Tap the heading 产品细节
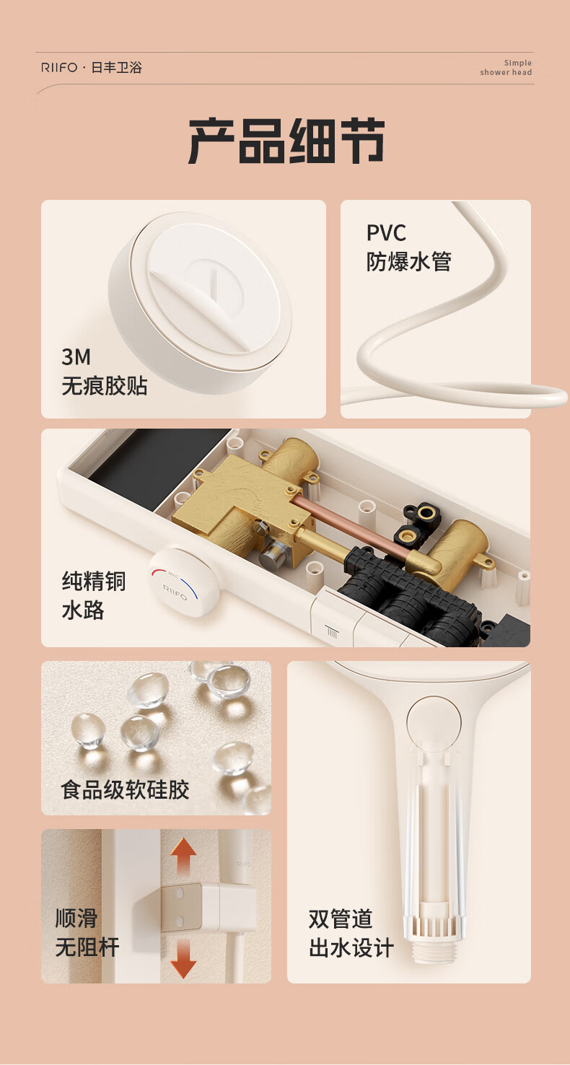[286, 141]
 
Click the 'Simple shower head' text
[506, 68]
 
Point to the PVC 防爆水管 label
[408, 247]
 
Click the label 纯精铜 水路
[94, 595]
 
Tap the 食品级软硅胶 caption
[125, 789]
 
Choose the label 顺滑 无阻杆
[87, 932]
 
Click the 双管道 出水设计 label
[351, 933]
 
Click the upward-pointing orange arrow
[183, 856]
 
